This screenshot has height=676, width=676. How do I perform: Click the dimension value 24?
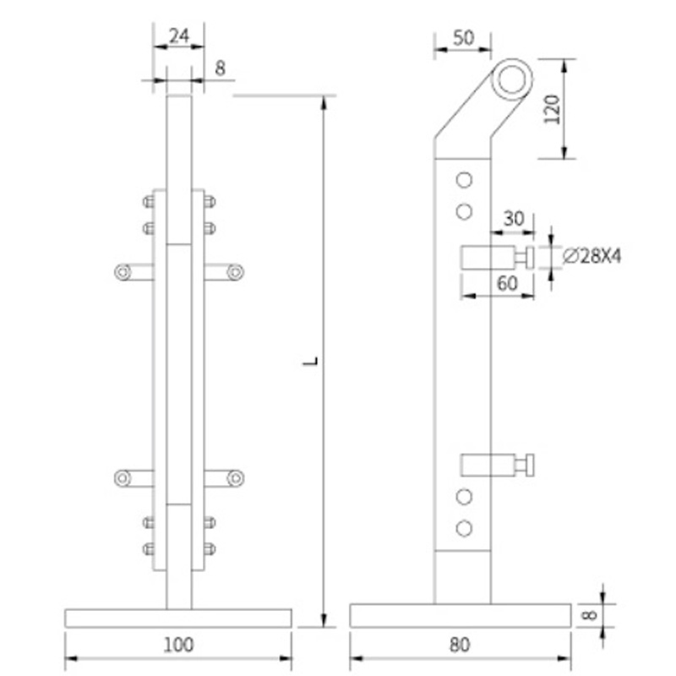click(178, 36)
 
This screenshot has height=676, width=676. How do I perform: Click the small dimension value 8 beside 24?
click(219, 68)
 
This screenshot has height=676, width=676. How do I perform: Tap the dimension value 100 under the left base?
click(178, 645)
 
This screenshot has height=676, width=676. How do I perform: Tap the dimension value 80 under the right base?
click(459, 645)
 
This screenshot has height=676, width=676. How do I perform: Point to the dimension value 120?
click(553, 108)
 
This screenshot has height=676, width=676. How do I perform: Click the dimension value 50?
click(462, 37)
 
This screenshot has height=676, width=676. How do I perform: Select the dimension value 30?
click(514, 219)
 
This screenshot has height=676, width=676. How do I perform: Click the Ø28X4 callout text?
click(591, 255)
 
